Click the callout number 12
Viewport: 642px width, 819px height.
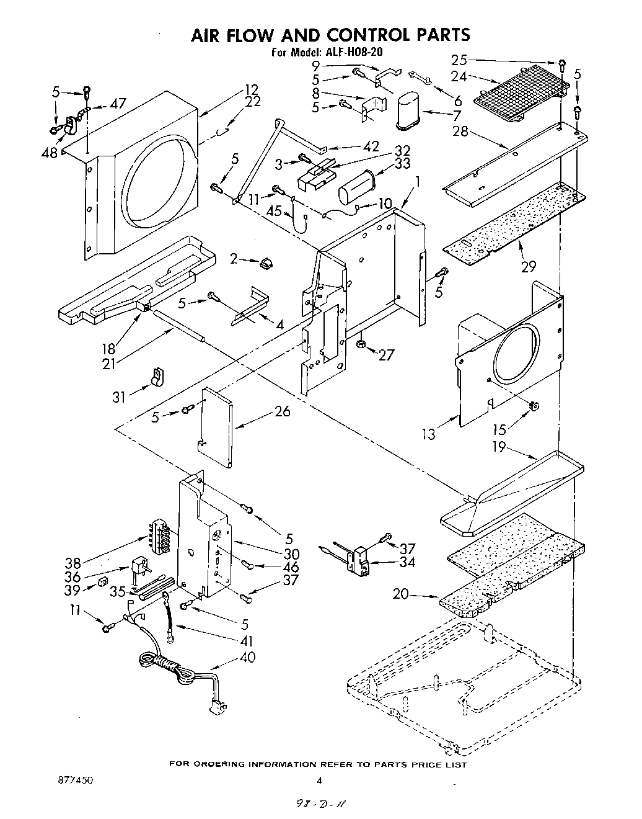point(251,91)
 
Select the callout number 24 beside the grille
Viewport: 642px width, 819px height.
point(459,77)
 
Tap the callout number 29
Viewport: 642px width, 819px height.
point(528,266)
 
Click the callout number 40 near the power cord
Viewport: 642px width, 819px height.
point(246,656)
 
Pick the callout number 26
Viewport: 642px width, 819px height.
point(282,411)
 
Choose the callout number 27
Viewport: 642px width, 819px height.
point(386,355)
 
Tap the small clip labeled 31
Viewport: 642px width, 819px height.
point(156,376)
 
